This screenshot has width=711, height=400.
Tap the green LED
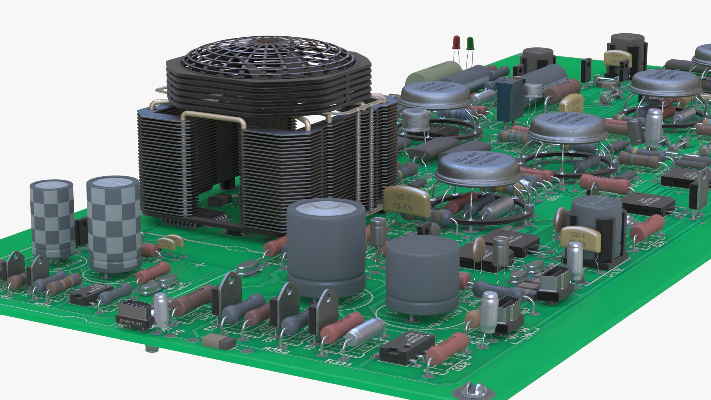coord(470,43)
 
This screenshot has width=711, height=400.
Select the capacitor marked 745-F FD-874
coord(405,202)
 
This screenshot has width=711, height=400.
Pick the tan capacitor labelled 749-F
coord(617,58)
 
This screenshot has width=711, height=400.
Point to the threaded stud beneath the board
coord(151,349)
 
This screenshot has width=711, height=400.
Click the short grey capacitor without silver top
coord(422,274)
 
